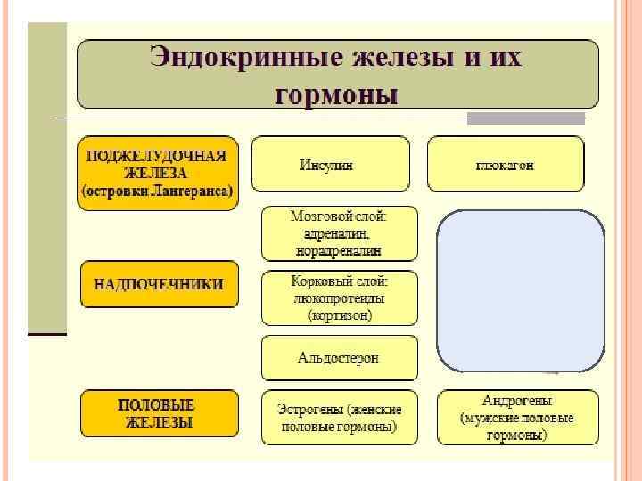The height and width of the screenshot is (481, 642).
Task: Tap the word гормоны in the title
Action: [336, 93]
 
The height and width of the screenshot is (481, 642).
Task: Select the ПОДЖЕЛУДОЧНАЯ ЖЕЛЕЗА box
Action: [158, 173]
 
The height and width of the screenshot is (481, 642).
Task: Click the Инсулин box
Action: [330, 164]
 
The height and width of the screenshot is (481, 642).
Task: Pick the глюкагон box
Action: [505, 165]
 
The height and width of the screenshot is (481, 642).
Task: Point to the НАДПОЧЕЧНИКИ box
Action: [159, 284]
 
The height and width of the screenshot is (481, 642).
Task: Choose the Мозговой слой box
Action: [339, 233]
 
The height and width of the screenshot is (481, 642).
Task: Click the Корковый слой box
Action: [339, 298]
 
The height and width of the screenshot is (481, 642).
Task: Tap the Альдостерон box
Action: [339, 358]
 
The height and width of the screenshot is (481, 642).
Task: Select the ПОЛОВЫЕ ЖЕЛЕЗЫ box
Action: [159, 413]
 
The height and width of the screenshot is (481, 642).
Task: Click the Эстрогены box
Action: [339, 417]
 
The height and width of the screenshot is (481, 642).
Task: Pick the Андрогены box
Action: [516, 417]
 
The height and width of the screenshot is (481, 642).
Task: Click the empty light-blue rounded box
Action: [520, 290]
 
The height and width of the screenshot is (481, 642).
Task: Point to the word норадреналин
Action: [339, 251]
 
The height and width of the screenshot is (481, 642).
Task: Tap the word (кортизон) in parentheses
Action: [339, 315]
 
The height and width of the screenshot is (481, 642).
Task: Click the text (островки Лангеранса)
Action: [158, 191]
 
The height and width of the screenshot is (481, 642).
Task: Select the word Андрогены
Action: [517, 401]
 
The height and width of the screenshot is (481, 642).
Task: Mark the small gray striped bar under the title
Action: [526, 118]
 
